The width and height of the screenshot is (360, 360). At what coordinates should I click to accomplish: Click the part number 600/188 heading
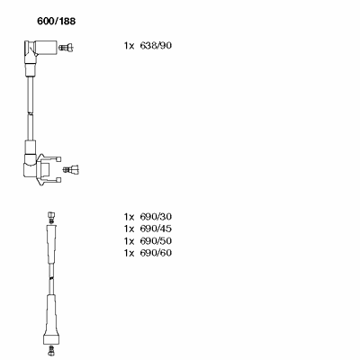click(x=56, y=22)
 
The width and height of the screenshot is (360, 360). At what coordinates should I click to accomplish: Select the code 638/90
click(x=156, y=46)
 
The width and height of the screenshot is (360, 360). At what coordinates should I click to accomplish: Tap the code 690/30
click(x=156, y=217)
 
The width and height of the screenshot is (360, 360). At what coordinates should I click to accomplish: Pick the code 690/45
click(x=156, y=229)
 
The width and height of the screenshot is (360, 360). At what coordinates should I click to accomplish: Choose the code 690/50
click(x=156, y=241)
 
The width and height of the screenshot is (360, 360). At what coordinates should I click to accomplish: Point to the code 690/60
click(x=156, y=253)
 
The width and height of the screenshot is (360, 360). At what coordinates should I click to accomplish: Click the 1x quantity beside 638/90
click(x=129, y=46)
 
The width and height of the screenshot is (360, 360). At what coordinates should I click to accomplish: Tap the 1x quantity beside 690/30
click(x=129, y=217)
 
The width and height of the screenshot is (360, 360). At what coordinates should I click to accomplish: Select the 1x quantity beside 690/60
click(x=129, y=253)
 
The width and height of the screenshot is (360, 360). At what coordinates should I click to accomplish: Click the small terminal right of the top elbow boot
click(x=66, y=47)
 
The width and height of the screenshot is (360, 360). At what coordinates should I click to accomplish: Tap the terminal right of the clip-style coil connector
click(x=71, y=169)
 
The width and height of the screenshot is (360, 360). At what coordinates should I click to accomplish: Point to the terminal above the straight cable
click(x=51, y=217)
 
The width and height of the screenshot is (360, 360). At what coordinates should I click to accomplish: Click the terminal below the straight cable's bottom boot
click(x=51, y=350)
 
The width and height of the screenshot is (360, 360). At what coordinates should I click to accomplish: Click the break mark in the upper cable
click(x=30, y=113)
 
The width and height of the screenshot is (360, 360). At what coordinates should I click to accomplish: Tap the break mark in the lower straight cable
click(x=51, y=279)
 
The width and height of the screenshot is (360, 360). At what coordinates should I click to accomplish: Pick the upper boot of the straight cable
click(x=51, y=244)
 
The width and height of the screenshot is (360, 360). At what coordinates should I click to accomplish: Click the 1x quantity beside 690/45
click(x=129, y=229)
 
